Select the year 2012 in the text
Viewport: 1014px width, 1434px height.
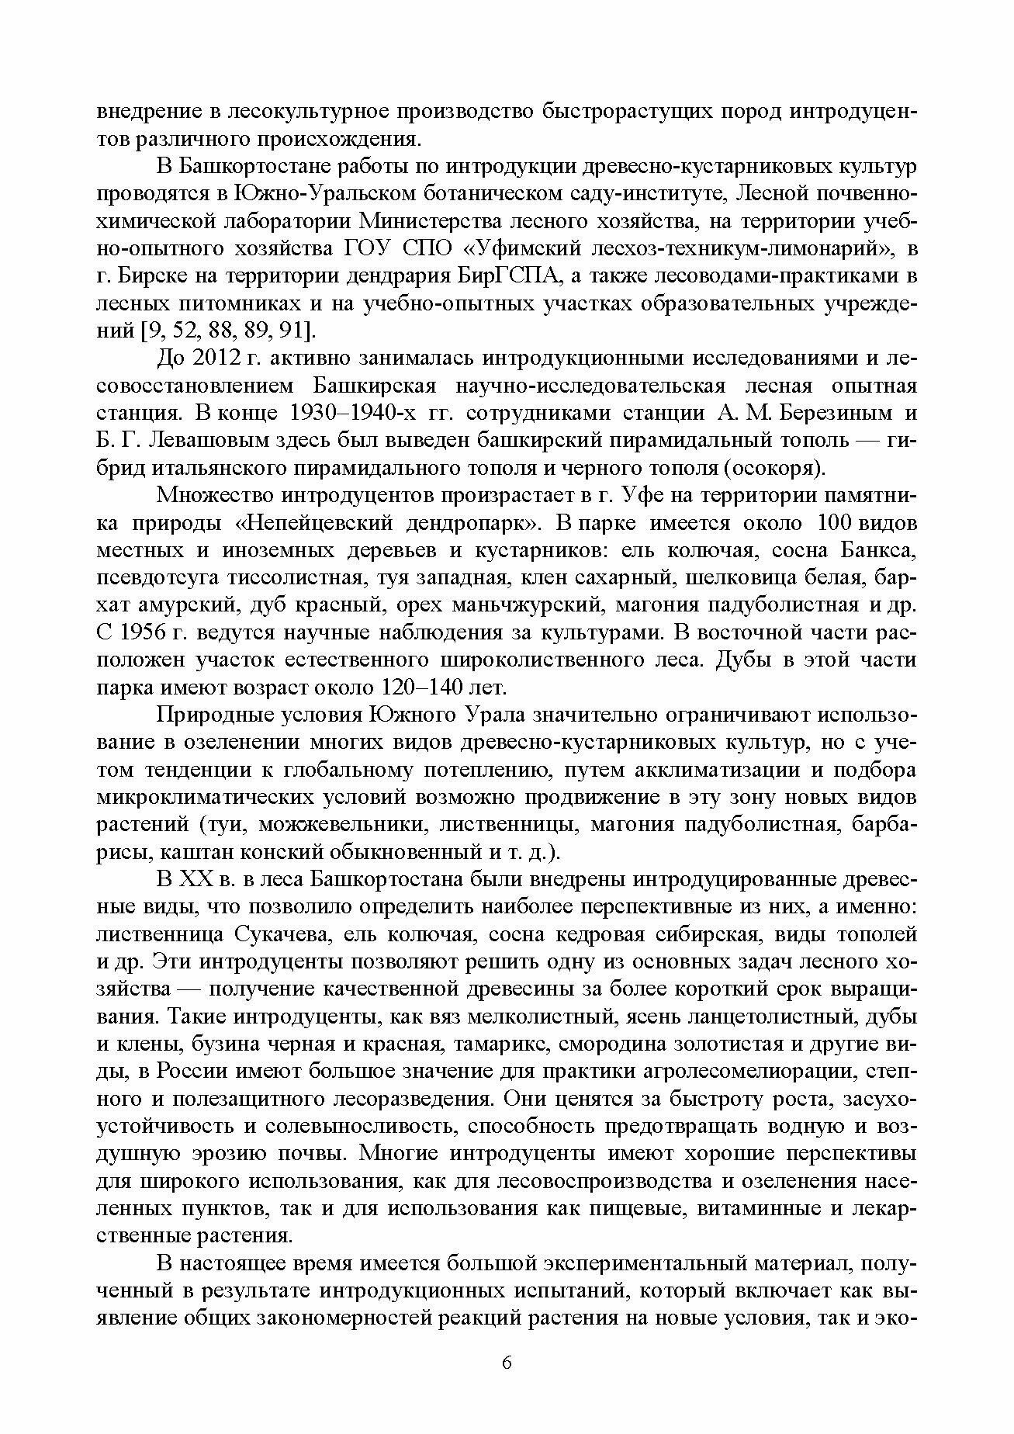coord(217,358)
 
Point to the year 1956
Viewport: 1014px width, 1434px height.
coord(145,632)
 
